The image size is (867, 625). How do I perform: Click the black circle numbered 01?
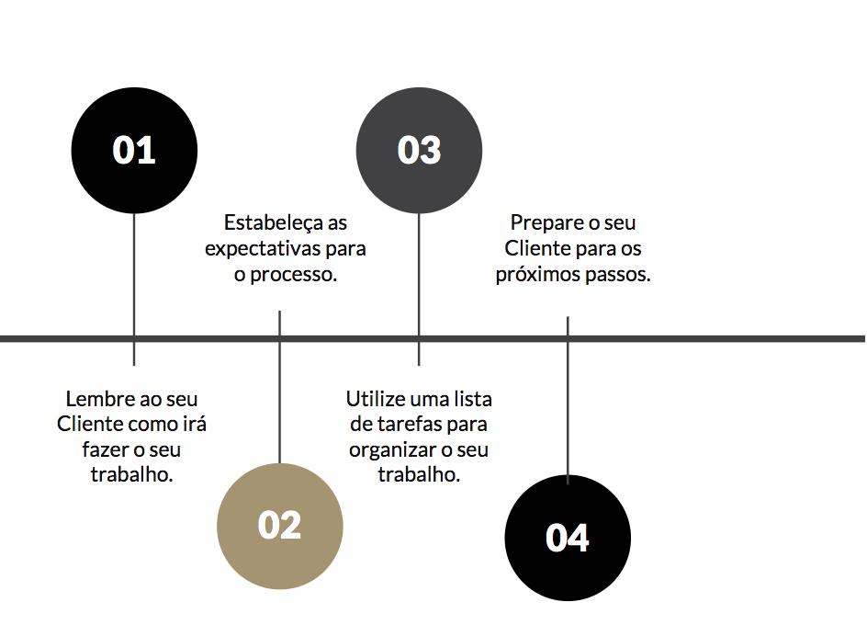(134, 150)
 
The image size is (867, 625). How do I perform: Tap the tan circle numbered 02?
(279, 526)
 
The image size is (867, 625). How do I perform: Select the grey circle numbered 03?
(419, 150)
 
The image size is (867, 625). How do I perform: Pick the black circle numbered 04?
(568, 538)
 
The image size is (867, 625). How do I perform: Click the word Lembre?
(98, 400)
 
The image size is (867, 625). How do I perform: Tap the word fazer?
(105, 450)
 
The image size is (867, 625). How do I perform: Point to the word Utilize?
(377, 400)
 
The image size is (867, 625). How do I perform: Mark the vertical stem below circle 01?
(134, 276)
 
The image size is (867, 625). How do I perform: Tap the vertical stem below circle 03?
(419, 276)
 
